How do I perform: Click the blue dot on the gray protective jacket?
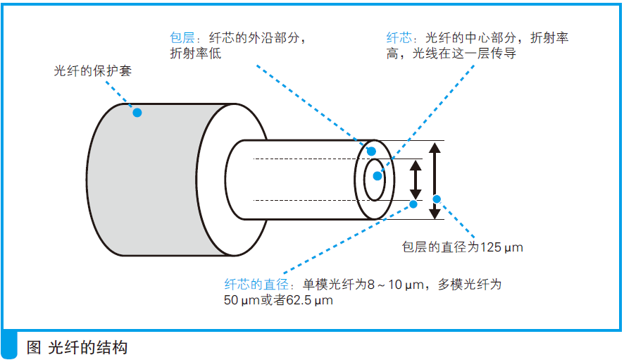coord(137,112)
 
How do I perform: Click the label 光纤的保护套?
coord(93,71)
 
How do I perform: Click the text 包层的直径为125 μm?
coord(462,247)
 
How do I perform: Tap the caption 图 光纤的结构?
coord(77,347)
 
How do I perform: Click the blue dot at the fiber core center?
coord(377,176)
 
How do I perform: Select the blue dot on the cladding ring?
coord(371,151)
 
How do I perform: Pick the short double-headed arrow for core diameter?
coord(416,180)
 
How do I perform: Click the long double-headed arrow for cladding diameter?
coord(435,180)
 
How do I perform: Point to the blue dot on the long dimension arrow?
coord(436,199)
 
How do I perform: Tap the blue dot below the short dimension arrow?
coord(413,204)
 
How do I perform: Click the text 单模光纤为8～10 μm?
coord(362,285)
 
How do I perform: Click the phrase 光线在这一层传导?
coord(461,54)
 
